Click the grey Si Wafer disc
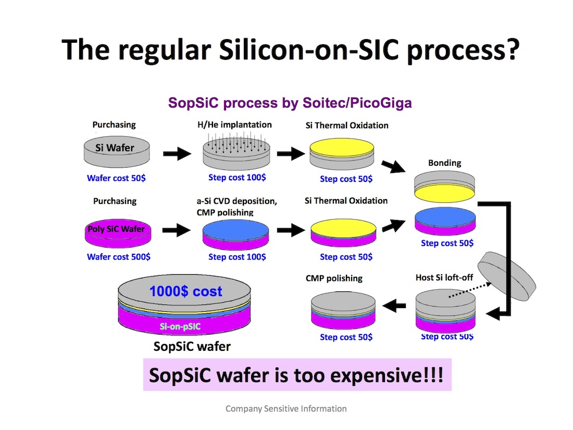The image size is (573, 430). [x=117, y=152]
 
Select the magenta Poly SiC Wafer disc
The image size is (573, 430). [x=118, y=234]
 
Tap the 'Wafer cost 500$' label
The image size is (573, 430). [x=118, y=256]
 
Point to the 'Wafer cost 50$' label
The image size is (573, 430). [x=116, y=178]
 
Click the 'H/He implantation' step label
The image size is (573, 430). [x=234, y=125]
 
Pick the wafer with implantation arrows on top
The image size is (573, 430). [x=236, y=152]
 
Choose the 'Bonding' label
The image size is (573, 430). [x=445, y=163]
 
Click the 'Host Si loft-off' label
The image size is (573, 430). [x=444, y=277]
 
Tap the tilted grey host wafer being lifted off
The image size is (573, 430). [x=506, y=276]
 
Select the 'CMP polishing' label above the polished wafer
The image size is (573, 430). [x=334, y=278]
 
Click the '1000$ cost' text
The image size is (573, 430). [x=185, y=291]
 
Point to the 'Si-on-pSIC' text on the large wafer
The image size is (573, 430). [x=180, y=326]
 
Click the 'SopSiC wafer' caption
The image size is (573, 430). [x=192, y=346]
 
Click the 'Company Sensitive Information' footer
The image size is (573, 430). [x=286, y=409]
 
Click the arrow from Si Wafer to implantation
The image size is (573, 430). [x=177, y=154]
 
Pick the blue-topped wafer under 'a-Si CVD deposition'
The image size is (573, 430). [x=235, y=235]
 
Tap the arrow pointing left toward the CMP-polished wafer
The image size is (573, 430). [x=394, y=305]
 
